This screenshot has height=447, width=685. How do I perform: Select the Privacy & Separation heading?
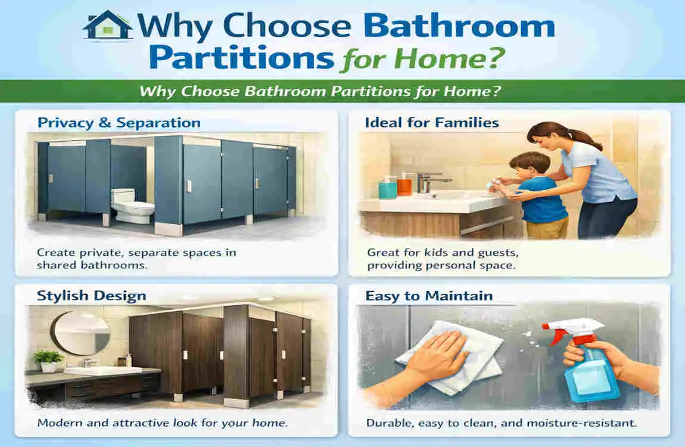pyautogui.click(x=119, y=123)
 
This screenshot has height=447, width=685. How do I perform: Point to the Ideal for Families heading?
pyautogui.click(x=432, y=123)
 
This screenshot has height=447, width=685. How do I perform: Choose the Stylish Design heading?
pyautogui.click(x=92, y=296)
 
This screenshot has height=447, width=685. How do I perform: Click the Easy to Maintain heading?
pyautogui.click(x=429, y=296)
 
